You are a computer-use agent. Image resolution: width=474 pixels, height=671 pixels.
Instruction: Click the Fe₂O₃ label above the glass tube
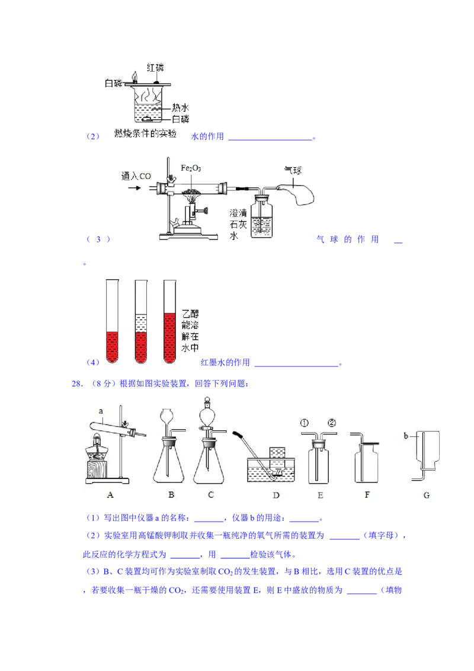coord(191,168)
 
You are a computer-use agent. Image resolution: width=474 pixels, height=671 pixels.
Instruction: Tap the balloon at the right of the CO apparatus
coord(297,193)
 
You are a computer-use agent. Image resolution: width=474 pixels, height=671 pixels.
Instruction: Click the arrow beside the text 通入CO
coord(134,187)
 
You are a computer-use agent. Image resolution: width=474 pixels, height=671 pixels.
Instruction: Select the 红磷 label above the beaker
coord(155,68)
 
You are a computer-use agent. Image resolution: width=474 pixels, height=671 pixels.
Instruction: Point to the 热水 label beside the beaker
coord(180,107)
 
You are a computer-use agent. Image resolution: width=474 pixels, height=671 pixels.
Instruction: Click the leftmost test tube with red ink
coord(112,321)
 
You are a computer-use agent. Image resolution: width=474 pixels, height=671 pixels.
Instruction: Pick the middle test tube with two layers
coord(141,321)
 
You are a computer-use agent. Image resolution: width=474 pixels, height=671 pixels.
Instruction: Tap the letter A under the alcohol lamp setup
coord(110,495)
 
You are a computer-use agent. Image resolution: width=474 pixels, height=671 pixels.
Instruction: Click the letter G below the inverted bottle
coord(427,495)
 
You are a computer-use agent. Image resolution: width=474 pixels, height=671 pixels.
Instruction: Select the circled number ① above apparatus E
coord(304,423)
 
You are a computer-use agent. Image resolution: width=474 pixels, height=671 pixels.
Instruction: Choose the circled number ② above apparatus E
coord(332,423)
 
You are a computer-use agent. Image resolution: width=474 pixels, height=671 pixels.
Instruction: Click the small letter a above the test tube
coord(101,411)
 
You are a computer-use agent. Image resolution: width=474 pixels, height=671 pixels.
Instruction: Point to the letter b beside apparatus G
coord(406,436)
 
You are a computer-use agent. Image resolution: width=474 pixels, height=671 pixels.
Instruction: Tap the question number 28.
coord(77,384)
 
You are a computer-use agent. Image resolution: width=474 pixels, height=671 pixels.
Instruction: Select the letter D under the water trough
coord(276,495)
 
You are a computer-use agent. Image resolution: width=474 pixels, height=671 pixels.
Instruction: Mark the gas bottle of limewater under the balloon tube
coord(261,216)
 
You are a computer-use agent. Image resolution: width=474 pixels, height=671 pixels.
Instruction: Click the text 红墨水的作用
coord(226,362)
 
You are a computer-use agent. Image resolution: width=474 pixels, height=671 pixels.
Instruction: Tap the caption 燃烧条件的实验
coord(145,133)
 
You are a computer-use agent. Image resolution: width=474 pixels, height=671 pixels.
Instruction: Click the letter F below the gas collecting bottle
coord(367,495)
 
